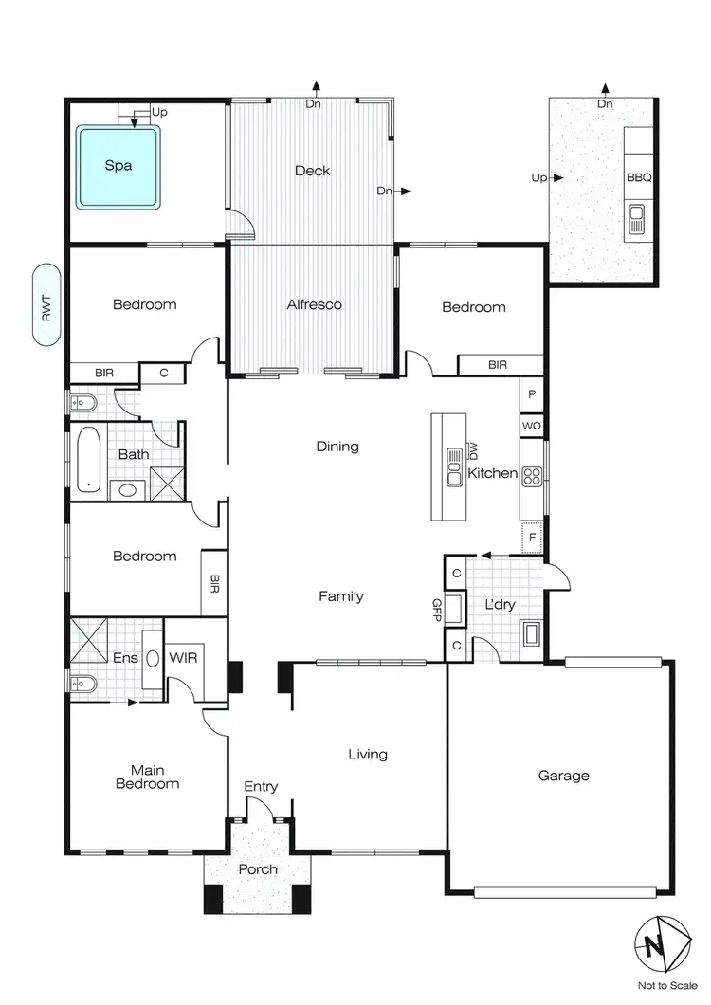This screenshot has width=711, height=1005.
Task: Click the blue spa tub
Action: click(x=118, y=167)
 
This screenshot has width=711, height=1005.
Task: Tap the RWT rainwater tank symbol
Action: click(x=46, y=305)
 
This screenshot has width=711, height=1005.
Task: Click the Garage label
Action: click(x=563, y=776)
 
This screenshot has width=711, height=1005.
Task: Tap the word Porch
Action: click(x=258, y=869)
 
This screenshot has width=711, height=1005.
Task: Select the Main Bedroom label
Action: click(x=147, y=777)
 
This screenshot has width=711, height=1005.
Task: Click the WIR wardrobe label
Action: click(x=182, y=657)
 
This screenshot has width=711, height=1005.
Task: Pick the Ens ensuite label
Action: click(x=125, y=657)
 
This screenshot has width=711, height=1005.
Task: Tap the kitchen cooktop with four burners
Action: click(x=532, y=475)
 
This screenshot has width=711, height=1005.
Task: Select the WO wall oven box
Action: click(x=532, y=426)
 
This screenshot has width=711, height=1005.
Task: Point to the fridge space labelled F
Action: click(x=533, y=537)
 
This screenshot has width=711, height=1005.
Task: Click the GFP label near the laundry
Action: click(x=437, y=609)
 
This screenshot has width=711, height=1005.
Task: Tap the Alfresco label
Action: click(x=314, y=305)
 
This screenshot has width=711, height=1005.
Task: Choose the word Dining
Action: click(x=337, y=447)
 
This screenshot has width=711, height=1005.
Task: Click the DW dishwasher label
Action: click(x=474, y=449)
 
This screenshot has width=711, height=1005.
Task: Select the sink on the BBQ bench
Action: click(x=636, y=221)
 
